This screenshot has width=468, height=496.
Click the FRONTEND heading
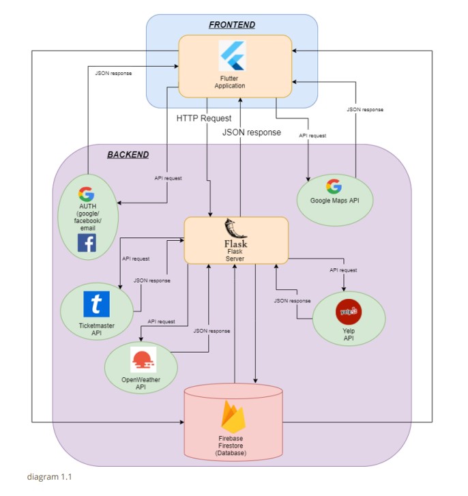232,25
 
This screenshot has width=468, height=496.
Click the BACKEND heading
128,155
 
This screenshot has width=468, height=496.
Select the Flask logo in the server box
235,232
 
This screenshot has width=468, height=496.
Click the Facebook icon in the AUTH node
87,243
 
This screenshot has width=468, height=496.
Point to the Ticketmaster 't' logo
96,304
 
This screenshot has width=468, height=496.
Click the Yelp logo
348,312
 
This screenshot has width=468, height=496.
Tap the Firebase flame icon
233,414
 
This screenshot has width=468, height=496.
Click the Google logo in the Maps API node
334,186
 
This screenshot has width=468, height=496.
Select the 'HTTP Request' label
204,119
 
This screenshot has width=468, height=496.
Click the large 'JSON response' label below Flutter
251,132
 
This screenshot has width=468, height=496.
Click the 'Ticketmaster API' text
96,330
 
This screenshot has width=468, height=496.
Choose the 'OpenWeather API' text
141,383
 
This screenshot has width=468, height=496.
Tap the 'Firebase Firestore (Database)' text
233,446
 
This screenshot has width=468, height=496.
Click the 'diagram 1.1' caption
49,477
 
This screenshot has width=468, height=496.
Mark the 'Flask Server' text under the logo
235,254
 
